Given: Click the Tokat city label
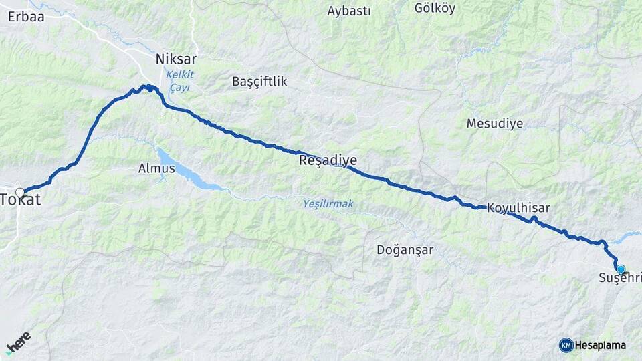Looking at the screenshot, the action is (x=21, y=200).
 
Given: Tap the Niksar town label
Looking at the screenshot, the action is (x=176, y=59).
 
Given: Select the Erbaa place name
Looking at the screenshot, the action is (x=26, y=17).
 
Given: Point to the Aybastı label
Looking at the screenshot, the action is (x=349, y=11).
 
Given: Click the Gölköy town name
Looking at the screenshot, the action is (x=435, y=8).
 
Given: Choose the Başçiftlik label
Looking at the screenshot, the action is (x=259, y=81).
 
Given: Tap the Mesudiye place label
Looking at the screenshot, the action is (x=495, y=124).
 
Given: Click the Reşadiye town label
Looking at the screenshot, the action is (x=328, y=160).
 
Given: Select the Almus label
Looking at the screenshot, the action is (x=156, y=168).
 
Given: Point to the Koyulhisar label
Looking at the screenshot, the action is (x=518, y=208).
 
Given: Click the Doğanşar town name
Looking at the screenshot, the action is (x=405, y=250).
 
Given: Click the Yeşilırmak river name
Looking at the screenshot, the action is (x=328, y=203).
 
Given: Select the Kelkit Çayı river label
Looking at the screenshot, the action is (x=179, y=81).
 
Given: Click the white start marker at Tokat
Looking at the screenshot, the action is (x=20, y=192).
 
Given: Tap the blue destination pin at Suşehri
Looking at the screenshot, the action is (x=621, y=269).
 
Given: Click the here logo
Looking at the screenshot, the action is (x=18, y=342).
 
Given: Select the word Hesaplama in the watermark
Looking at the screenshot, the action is (x=601, y=345).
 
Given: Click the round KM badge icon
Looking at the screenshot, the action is (x=566, y=345).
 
